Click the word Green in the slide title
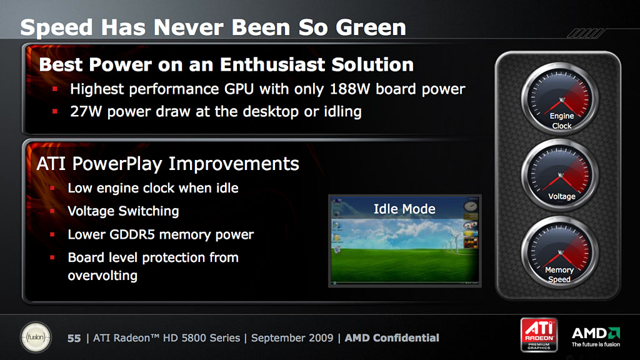click(371, 27)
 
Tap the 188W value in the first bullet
click(350, 89)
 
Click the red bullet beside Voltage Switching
click(52, 211)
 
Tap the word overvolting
click(102, 276)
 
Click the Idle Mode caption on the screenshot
click(404, 209)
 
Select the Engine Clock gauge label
click(562, 121)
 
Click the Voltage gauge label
click(562, 196)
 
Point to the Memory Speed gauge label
click(559, 275)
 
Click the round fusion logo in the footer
click(36, 337)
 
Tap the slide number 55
click(74, 338)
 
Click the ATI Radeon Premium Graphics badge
click(539, 335)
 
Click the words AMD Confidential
click(392, 338)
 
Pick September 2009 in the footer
click(292, 338)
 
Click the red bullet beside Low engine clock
click(52, 188)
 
